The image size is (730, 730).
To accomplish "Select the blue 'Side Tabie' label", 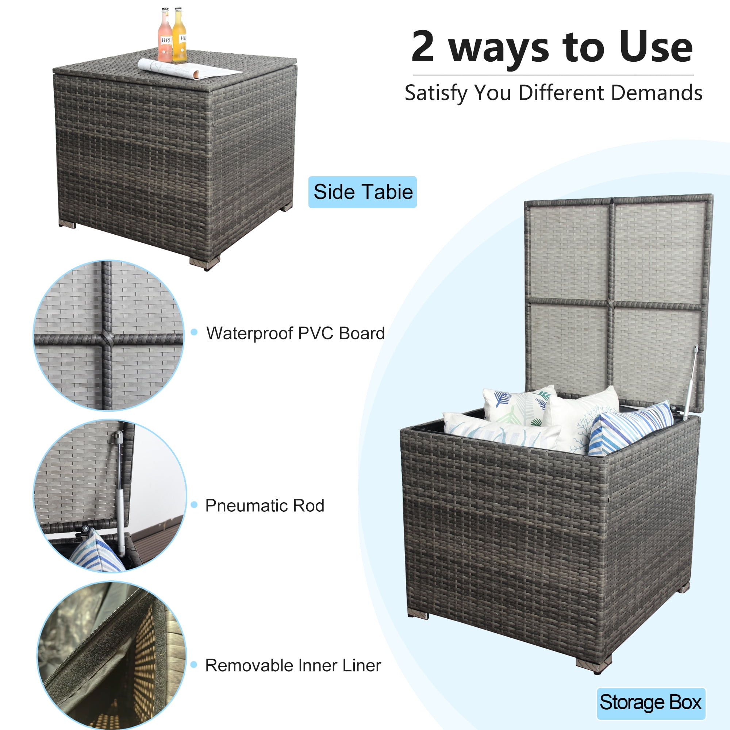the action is [x=362, y=192].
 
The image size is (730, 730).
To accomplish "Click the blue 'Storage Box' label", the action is [x=651, y=702].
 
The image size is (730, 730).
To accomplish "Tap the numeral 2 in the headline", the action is [x=423, y=46].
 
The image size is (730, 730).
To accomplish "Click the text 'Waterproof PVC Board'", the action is [x=296, y=333].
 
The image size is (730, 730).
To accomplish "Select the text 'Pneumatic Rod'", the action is [x=265, y=506].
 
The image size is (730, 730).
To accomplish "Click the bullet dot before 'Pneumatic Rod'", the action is [x=194, y=505].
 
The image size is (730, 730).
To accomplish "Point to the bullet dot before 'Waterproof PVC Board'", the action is [x=194, y=332].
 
